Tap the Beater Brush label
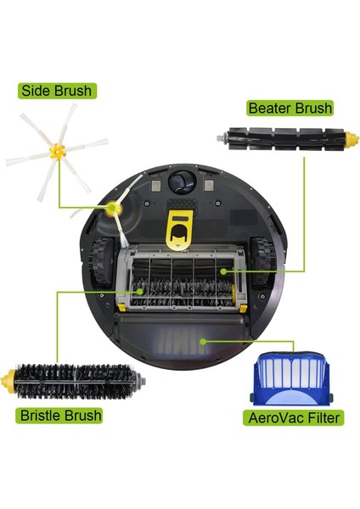[290, 108]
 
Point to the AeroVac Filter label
[293, 417]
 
